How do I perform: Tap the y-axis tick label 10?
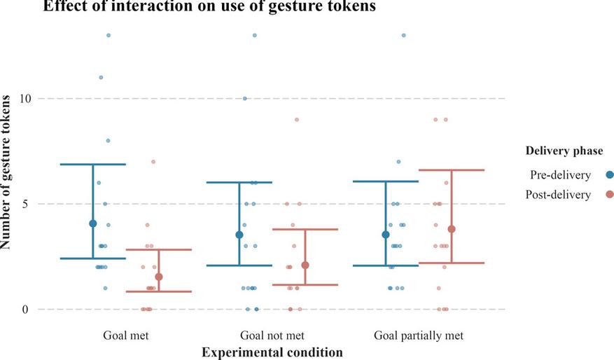[27, 99]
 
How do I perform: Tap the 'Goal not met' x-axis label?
[272, 335]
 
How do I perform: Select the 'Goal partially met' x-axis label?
[419, 335]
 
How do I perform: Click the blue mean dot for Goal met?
[93, 223]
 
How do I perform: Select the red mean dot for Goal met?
[159, 277]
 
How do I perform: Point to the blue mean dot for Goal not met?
[239, 235]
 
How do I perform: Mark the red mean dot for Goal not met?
[305, 265]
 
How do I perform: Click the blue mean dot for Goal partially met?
[386, 235]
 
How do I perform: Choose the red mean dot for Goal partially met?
[452, 229]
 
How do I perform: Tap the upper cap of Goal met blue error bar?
[93, 164]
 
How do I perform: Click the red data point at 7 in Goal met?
[153, 162]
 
